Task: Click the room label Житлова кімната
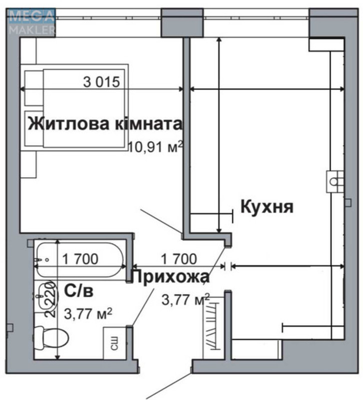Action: click(x=104, y=123)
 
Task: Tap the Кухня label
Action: click(x=266, y=206)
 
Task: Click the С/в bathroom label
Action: click(x=79, y=290)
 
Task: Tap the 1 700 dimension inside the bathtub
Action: click(x=80, y=258)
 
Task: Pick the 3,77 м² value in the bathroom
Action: click(x=88, y=314)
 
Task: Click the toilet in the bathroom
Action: click(x=48, y=340)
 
